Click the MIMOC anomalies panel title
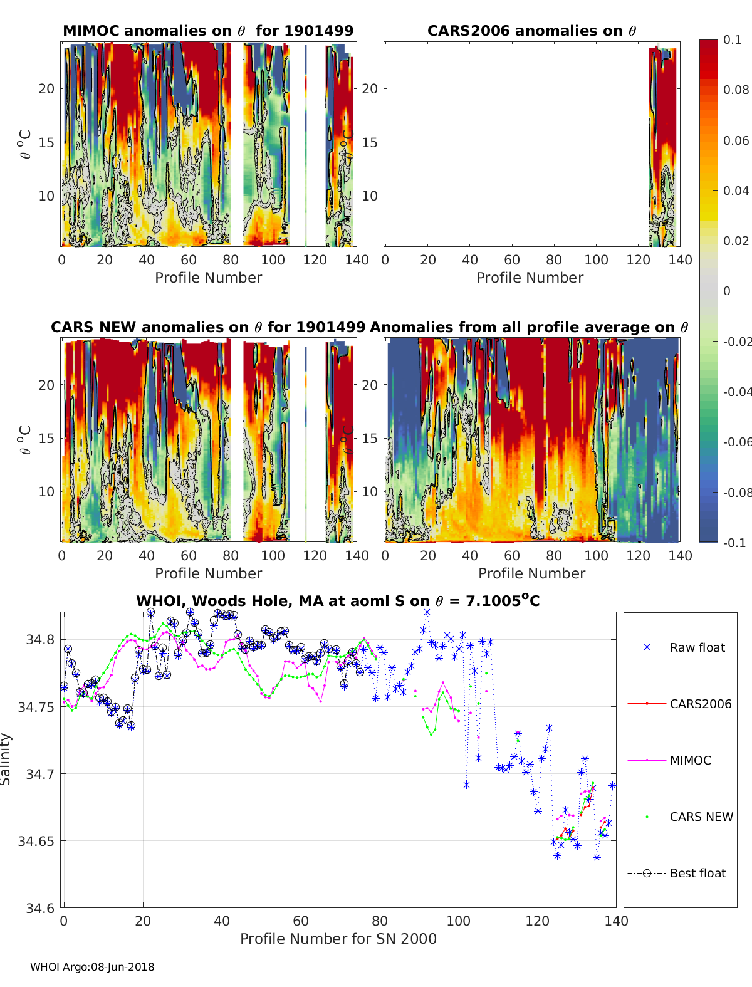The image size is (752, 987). pyautogui.click(x=208, y=31)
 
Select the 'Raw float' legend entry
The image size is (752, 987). pyautogui.click(x=697, y=647)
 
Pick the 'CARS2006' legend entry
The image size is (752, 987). pyautogui.click(x=700, y=704)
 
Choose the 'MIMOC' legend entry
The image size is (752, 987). pyautogui.click(x=690, y=760)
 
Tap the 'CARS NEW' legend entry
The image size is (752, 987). pyautogui.click(x=701, y=817)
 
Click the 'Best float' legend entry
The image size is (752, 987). pyautogui.click(x=697, y=873)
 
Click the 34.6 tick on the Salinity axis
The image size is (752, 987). pyautogui.click(x=40, y=908)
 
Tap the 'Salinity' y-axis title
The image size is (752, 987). pyautogui.click(x=6, y=760)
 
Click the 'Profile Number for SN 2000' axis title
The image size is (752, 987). pyautogui.click(x=338, y=939)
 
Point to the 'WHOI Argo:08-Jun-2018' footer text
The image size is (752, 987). pyautogui.click(x=92, y=967)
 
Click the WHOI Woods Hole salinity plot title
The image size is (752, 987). pyautogui.click(x=338, y=601)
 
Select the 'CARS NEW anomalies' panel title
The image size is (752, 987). pyautogui.click(x=208, y=327)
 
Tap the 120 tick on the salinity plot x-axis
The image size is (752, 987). pyautogui.click(x=537, y=921)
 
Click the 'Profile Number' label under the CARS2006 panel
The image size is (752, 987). pyautogui.click(x=530, y=278)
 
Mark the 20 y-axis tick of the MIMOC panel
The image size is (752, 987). pyautogui.click(x=46, y=88)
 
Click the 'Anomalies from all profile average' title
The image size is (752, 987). pyautogui.click(x=529, y=327)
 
